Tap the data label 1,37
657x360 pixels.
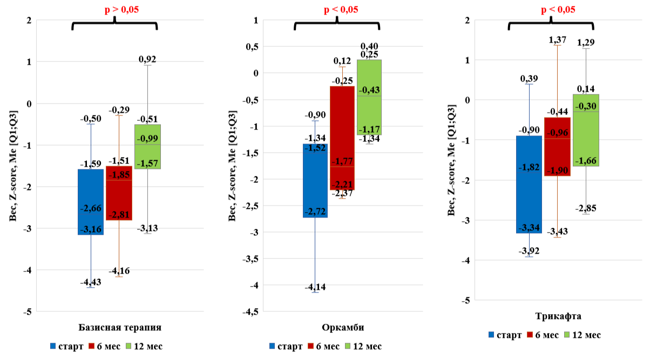559,40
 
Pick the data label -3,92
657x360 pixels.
529,251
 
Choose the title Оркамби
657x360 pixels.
337,328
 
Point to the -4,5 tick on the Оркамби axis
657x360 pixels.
250,311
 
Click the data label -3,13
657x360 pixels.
147,228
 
